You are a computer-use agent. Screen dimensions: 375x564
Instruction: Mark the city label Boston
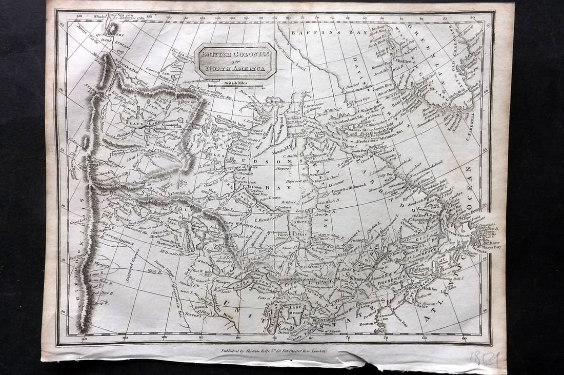(x=366, y=324)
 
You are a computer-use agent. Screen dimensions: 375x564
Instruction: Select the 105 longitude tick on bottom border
(x=125, y=338)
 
